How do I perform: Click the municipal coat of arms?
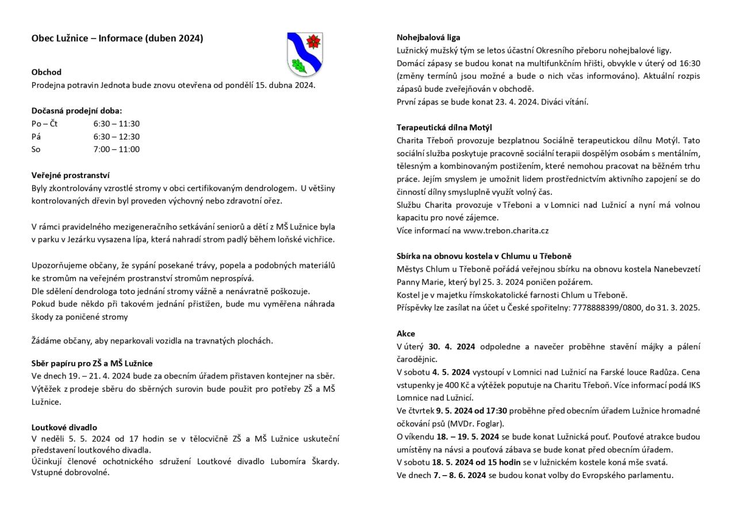[x=305, y=55]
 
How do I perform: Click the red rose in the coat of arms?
[x=313, y=41]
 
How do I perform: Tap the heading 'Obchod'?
[x=46, y=72]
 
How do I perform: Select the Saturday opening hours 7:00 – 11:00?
[x=117, y=149]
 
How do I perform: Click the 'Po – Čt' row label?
[x=45, y=124]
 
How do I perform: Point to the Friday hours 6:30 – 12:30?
[x=117, y=137]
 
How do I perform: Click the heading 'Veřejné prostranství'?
[x=70, y=175]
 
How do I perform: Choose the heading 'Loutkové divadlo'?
[x=64, y=427]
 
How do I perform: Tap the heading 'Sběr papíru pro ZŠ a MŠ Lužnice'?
[x=92, y=363]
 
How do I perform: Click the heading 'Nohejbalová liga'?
[x=428, y=37]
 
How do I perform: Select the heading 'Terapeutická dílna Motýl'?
[x=444, y=128]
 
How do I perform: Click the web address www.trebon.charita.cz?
[x=506, y=230]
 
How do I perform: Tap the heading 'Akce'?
[x=405, y=333]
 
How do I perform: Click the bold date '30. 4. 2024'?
[x=452, y=346]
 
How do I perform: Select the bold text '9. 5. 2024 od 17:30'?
[x=471, y=411]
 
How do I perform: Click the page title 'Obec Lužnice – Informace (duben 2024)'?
[x=117, y=38]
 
